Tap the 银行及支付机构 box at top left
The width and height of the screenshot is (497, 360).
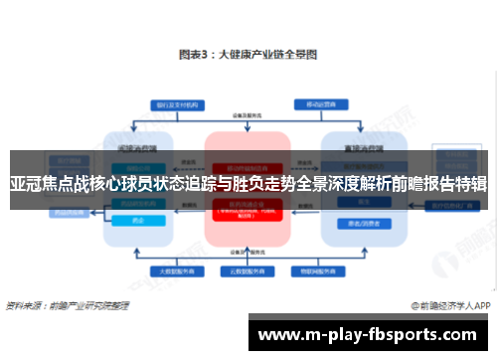[172, 103]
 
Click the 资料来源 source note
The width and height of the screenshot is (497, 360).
[64, 304]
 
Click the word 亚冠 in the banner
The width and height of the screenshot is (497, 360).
[23, 184]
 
